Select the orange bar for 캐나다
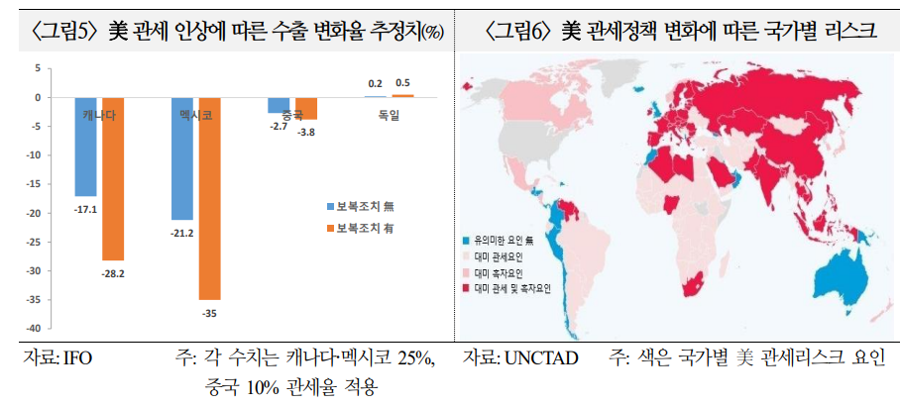pyautogui.click(x=113, y=178)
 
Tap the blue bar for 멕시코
pyautogui.click(x=182, y=158)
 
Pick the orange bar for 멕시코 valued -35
pyautogui.click(x=209, y=198)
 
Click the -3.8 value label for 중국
pyautogui.click(x=307, y=132)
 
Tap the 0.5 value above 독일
pyautogui.click(x=403, y=83)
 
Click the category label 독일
pyautogui.click(x=389, y=116)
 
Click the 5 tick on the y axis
pyautogui.click(x=38, y=68)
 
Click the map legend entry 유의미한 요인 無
pyautogui.click(x=506, y=240)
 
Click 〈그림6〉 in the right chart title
pyautogui.click(x=522, y=33)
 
